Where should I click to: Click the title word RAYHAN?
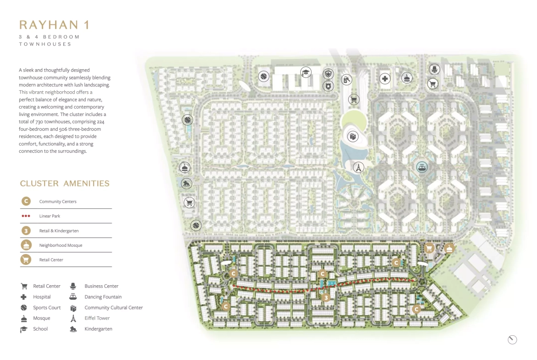tap(49, 25)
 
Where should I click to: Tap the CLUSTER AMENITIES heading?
tap(65, 183)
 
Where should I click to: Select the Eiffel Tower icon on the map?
tap(358, 168)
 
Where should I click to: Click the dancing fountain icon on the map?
tap(422, 167)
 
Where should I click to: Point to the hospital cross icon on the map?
tap(385, 79)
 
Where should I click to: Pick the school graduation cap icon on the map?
tap(306, 72)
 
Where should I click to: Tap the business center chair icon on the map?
tap(434, 69)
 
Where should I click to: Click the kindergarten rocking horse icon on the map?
tap(186, 183)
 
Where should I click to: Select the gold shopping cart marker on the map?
tap(429, 249)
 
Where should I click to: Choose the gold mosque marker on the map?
tap(449, 249)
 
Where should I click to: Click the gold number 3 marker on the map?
tap(326, 297)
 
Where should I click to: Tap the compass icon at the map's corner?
tap(512, 339)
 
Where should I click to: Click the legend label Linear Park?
tap(50, 216)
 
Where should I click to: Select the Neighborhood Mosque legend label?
tap(61, 245)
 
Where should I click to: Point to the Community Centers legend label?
tap(58, 202)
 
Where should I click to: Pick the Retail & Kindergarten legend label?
tap(59, 231)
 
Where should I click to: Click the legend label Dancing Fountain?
tap(103, 297)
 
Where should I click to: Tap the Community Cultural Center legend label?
tap(114, 308)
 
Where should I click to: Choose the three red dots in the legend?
tap(26, 216)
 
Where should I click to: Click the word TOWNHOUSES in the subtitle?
tap(45, 44)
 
